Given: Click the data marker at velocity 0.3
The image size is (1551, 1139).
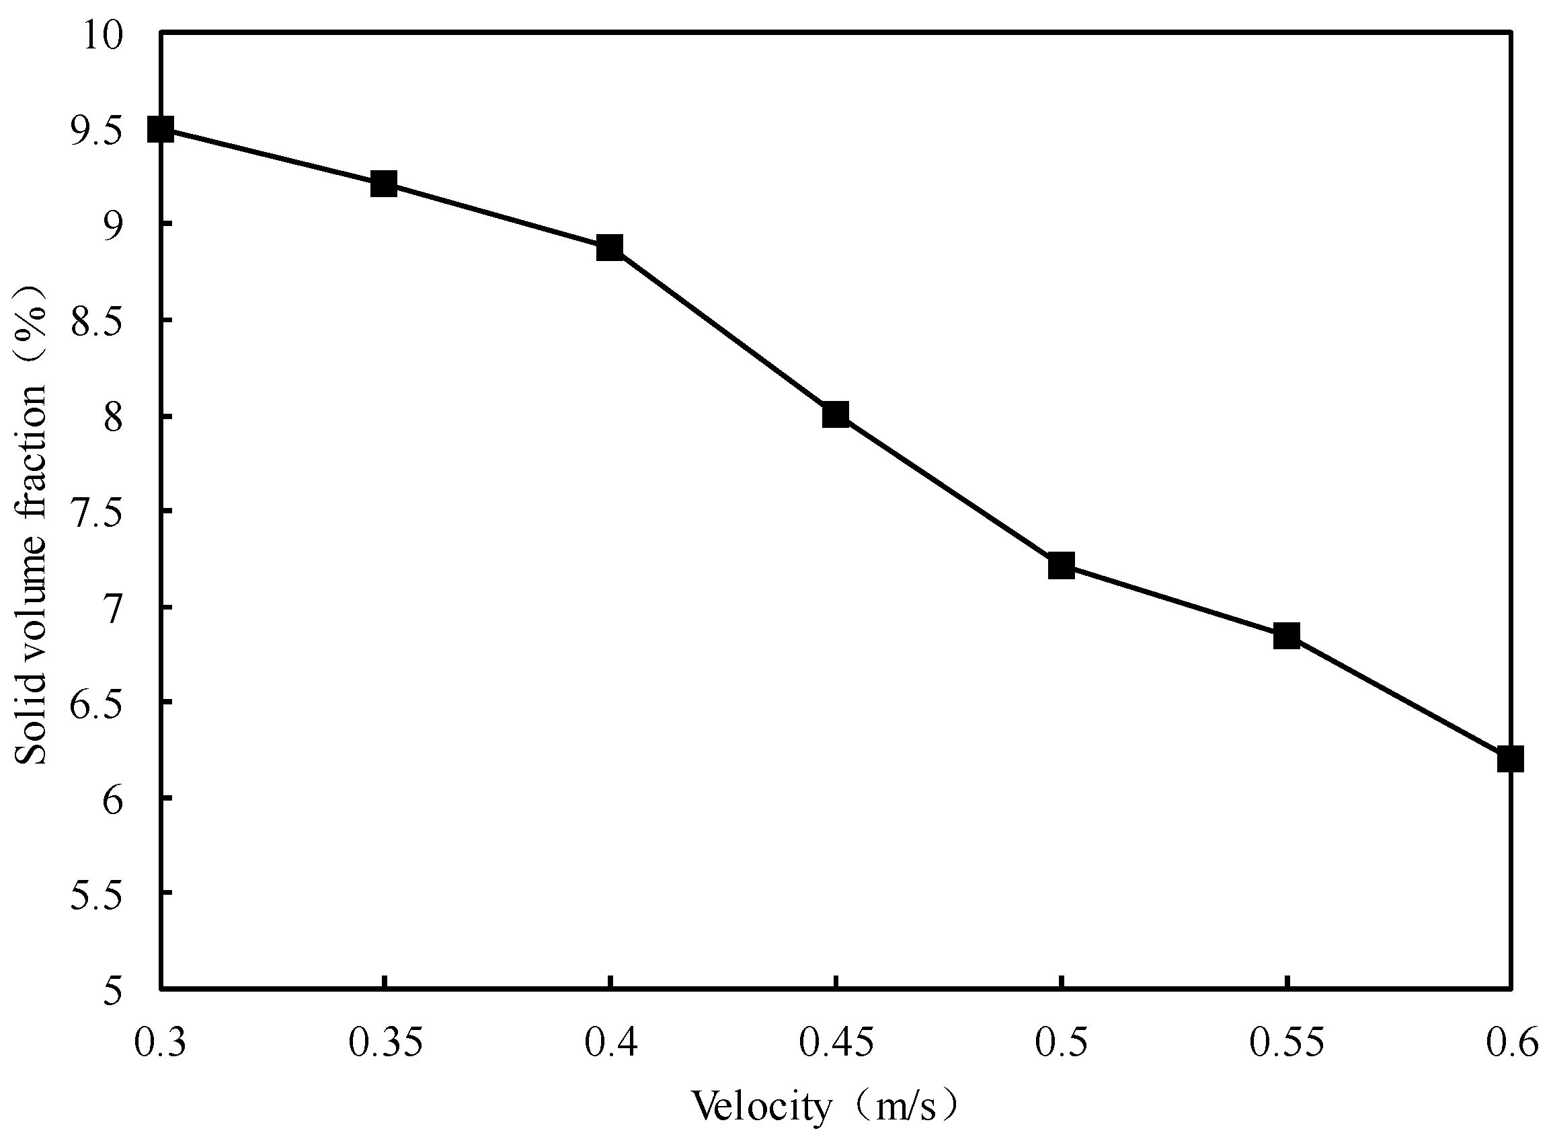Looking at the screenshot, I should coord(161,129).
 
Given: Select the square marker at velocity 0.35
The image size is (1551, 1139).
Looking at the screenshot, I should coord(384,184).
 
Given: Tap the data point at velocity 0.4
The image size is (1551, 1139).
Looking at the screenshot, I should coord(610,247).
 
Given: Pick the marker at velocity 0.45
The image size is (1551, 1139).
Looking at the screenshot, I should coord(835,414).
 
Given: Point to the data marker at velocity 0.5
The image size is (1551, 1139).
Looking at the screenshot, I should coord(1061,565).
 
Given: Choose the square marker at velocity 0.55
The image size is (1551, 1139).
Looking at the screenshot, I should coord(1286,635).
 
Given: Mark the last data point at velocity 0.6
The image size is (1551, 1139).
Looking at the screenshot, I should coord(1511,759).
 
